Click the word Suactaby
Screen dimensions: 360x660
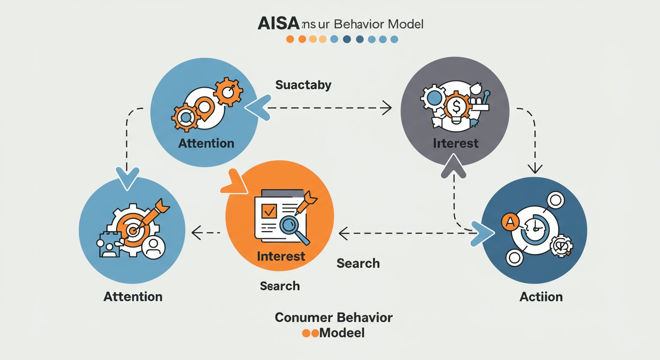[x=303, y=85]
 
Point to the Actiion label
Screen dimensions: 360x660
[x=541, y=296]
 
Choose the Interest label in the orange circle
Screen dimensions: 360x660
[x=281, y=256]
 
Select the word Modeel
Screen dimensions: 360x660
[x=342, y=333]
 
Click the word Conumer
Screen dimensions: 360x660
[x=299, y=317]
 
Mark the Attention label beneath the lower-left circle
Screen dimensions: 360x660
[x=133, y=296]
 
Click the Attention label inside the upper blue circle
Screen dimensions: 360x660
[x=206, y=142]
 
